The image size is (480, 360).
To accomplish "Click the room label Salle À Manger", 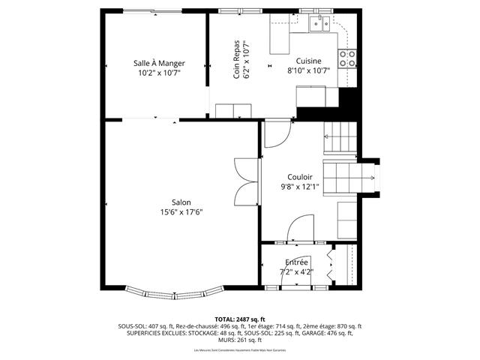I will [x=160, y=63].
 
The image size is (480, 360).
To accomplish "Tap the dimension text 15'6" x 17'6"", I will [x=181, y=212].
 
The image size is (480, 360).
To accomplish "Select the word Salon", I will [x=181, y=202].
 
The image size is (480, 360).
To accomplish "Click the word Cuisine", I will [x=308, y=61].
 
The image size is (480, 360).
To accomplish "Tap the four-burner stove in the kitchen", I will [x=347, y=58].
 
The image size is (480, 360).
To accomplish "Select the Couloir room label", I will [x=299, y=177].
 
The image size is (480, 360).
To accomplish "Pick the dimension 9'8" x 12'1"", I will [x=299, y=187].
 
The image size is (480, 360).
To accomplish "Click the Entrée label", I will [x=296, y=262].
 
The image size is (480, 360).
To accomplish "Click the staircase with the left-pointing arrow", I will [x=341, y=138].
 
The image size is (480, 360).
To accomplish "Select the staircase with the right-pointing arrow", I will [x=349, y=178].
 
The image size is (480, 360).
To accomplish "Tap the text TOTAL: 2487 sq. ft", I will [x=239, y=319].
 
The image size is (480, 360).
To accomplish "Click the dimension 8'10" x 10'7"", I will [x=308, y=71].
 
